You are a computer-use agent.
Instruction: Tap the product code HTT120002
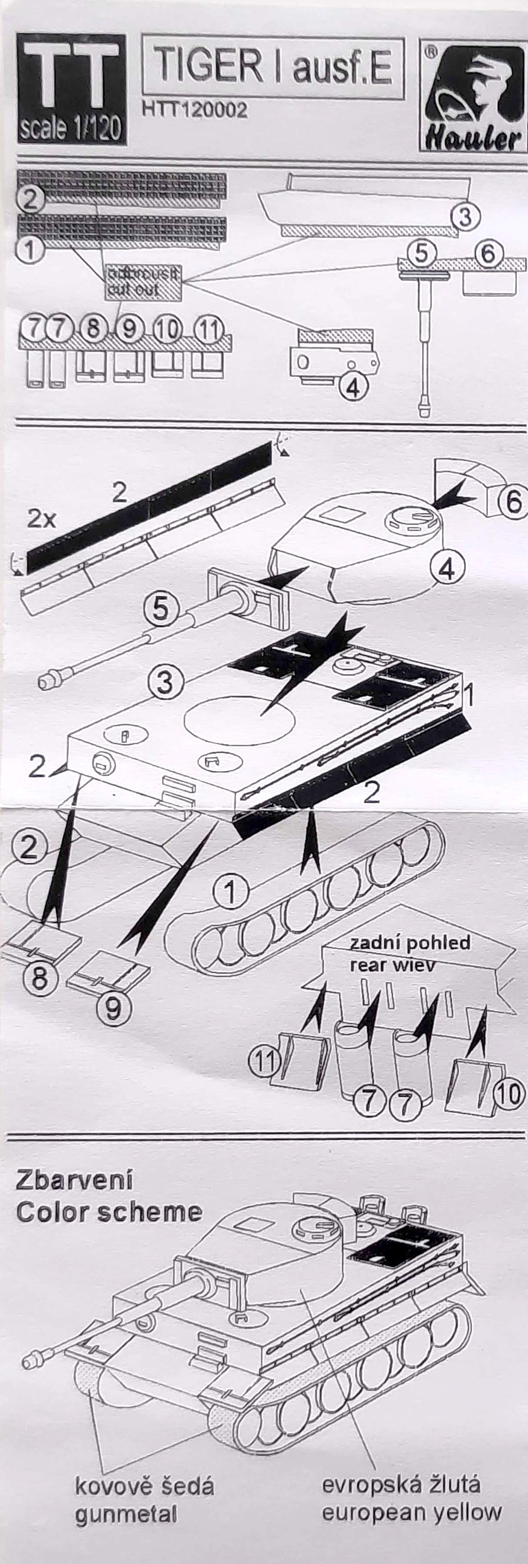194,110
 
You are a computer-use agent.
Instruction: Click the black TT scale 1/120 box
72,89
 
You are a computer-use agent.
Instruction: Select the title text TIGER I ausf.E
273,66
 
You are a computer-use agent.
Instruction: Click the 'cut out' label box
143,282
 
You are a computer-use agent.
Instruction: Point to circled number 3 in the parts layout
465,216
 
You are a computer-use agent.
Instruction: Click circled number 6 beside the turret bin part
513,502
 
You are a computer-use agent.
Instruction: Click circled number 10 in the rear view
508,1093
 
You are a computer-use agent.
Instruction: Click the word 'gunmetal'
126,1515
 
